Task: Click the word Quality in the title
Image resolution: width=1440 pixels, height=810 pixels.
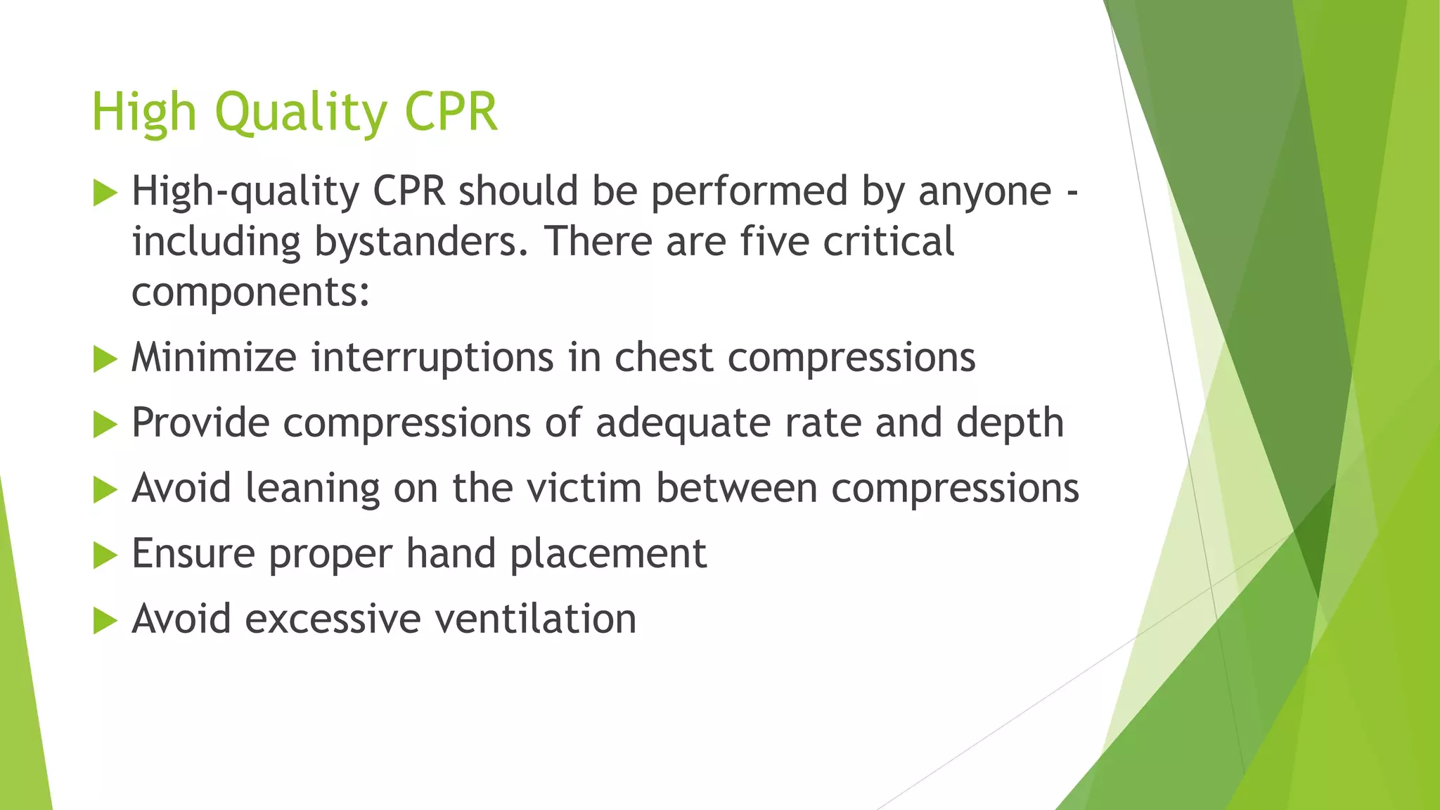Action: pos(301,112)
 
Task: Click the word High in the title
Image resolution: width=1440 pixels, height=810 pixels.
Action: pos(143,112)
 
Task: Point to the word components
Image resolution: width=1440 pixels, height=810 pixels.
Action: pos(250,292)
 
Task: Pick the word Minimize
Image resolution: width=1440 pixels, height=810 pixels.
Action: pos(214,357)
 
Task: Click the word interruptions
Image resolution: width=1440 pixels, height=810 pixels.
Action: pos(432,357)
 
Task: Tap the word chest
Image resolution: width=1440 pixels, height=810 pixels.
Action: pos(664,357)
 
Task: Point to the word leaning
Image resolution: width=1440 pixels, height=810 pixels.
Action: pos(312,489)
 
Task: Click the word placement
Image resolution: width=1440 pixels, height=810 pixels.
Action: pos(607,554)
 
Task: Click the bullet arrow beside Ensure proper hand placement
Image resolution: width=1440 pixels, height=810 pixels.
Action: pos(105,555)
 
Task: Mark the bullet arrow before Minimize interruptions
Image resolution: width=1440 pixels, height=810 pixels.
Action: pos(105,359)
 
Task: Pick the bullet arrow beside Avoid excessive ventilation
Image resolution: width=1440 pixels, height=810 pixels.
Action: pos(105,621)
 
